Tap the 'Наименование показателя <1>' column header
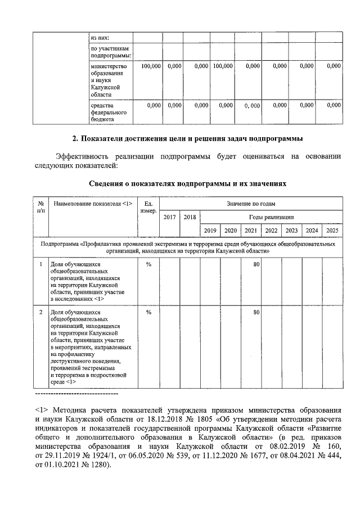pyautogui.click(x=93, y=204)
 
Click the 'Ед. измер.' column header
pyautogui.click(x=148, y=207)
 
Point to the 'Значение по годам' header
pyautogui.click(x=251, y=204)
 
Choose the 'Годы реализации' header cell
pyautogui.click(x=271, y=217)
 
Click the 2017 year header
pyautogui.click(x=169, y=217)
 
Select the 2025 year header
pyautogui.click(x=332, y=230)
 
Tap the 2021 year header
pyautogui.click(x=251, y=230)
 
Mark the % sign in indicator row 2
pyautogui.click(x=148, y=312)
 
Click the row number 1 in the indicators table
pyautogui.click(x=41, y=264)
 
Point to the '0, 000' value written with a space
pyautogui.click(x=251, y=105)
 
